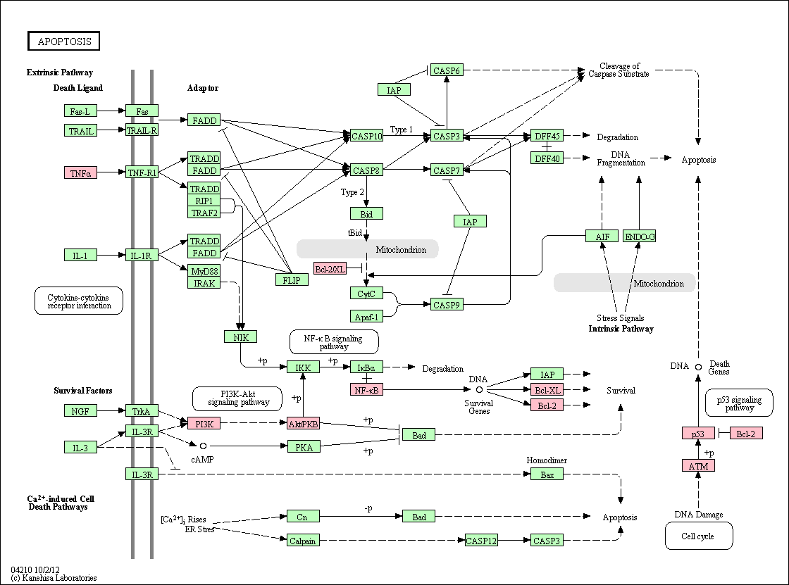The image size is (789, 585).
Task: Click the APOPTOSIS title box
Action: (63, 42)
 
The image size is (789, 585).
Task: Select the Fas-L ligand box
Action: (80, 111)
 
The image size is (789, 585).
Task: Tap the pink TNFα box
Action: (80, 173)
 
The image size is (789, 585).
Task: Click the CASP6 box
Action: (447, 70)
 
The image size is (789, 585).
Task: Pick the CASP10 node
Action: (367, 136)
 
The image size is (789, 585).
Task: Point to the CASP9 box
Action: (447, 304)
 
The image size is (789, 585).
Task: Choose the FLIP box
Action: (292, 279)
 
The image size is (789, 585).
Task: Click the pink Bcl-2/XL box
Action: (330, 269)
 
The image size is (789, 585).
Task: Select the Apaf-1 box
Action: (366, 316)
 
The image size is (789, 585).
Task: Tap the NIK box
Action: (240, 336)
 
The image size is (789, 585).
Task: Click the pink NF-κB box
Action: (366, 389)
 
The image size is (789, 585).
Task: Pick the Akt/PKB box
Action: (304, 424)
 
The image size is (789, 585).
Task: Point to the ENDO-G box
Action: (640, 236)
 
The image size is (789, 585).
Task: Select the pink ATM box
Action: (698, 466)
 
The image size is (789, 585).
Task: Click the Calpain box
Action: (304, 541)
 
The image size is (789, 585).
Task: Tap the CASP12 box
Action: (481, 541)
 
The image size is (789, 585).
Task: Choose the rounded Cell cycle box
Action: (698, 536)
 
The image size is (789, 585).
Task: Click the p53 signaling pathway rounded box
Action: (739, 403)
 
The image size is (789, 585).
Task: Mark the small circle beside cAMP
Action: (204, 446)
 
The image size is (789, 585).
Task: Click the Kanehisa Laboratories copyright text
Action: (54, 578)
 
